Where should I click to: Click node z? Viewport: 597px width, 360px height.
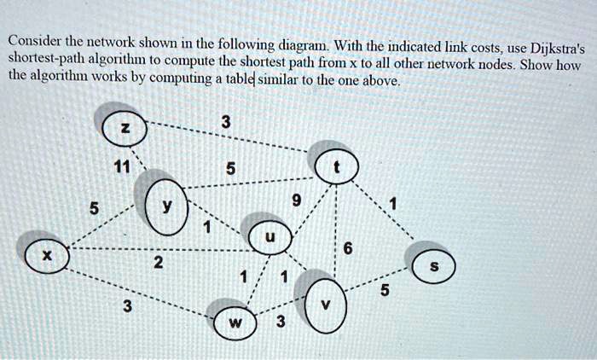(x=125, y=129)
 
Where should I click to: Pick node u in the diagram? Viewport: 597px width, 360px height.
(x=270, y=238)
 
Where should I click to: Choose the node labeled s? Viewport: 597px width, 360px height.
(x=433, y=267)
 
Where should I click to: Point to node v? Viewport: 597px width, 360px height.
(x=323, y=303)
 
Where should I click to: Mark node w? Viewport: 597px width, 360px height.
(x=240, y=322)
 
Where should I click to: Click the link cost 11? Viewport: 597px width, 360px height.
(x=125, y=168)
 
